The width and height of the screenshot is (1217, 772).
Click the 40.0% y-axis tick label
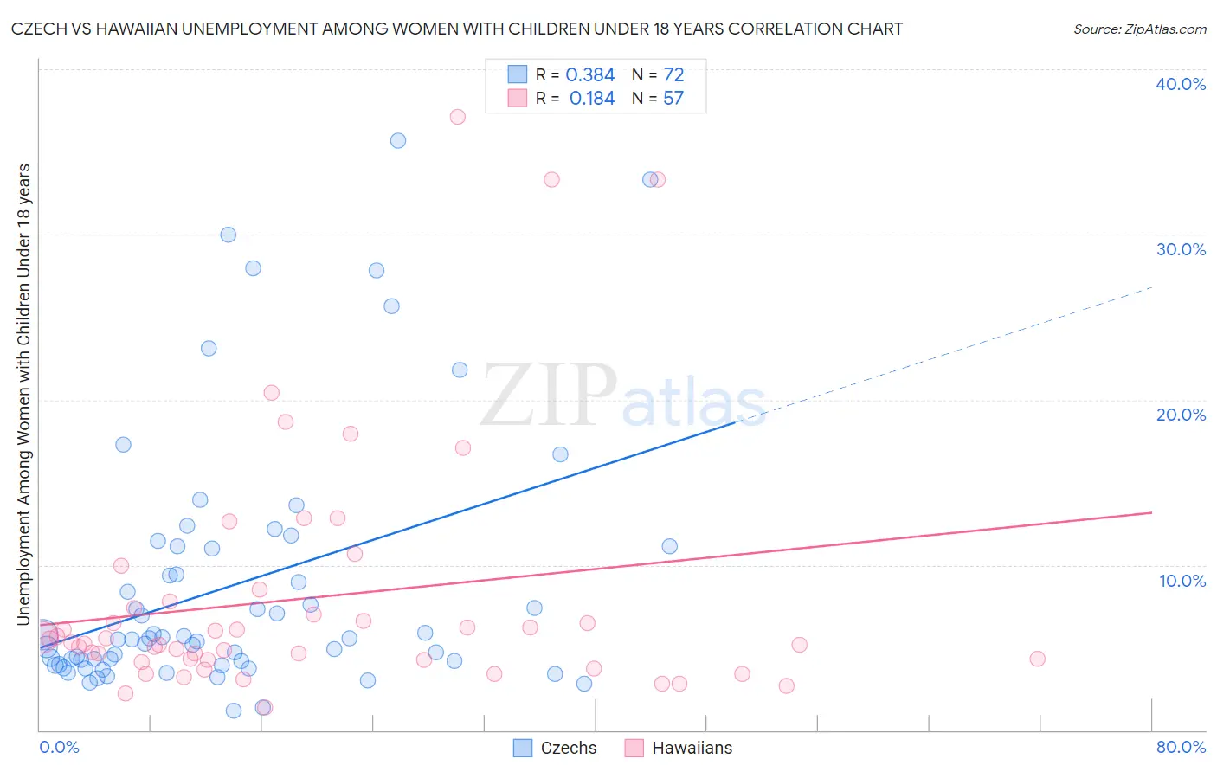point(1181,84)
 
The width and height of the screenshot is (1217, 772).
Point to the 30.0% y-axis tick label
point(1181,249)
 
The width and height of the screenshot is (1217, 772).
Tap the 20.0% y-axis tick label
point(1181,415)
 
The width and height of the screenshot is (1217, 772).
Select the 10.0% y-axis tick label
point(1182,581)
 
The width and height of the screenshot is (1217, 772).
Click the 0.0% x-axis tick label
point(59,747)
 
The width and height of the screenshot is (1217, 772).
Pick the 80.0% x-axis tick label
point(1181,747)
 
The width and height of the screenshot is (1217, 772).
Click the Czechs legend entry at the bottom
point(556,748)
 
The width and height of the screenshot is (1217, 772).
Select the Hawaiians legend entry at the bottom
point(679,748)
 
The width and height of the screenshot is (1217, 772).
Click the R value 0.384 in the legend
point(589,75)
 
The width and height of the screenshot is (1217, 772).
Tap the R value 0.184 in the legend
point(591,99)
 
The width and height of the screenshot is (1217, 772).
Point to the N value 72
point(673,75)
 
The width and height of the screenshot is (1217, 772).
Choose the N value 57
point(673,99)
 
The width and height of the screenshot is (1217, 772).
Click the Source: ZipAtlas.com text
point(1139,29)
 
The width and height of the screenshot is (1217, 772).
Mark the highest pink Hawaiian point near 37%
point(457,117)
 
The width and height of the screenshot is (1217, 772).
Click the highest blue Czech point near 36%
point(398,140)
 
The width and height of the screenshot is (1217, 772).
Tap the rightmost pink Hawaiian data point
point(1037,659)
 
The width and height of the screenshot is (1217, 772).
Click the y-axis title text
point(24,394)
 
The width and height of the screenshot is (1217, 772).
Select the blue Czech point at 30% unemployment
point(229,235)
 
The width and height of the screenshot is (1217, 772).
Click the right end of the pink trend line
point(1151,513)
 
